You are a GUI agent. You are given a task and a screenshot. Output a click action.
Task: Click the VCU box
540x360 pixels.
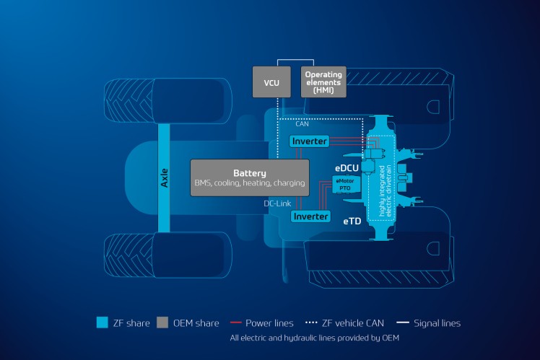tap(271, 82)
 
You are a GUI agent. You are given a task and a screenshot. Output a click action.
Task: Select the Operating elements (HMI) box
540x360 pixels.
tap(323, 82)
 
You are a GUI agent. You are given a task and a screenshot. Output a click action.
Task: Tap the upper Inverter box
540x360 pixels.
tap(309, 141)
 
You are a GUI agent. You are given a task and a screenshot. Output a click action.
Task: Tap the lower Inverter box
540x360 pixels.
tap(310, 216)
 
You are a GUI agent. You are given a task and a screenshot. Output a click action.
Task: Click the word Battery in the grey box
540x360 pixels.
tap(250, 173)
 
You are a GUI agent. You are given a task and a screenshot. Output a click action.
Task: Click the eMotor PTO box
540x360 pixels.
tap(343, 184)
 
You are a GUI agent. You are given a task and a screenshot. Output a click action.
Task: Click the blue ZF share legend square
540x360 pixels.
tap(103, 322)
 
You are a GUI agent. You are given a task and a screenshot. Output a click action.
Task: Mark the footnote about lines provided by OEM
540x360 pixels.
tap(314, 338)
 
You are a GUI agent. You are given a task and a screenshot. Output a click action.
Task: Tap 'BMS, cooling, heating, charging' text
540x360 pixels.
tap(250, 184)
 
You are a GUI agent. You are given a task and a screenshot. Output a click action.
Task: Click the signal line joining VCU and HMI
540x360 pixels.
tap(297, 60)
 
